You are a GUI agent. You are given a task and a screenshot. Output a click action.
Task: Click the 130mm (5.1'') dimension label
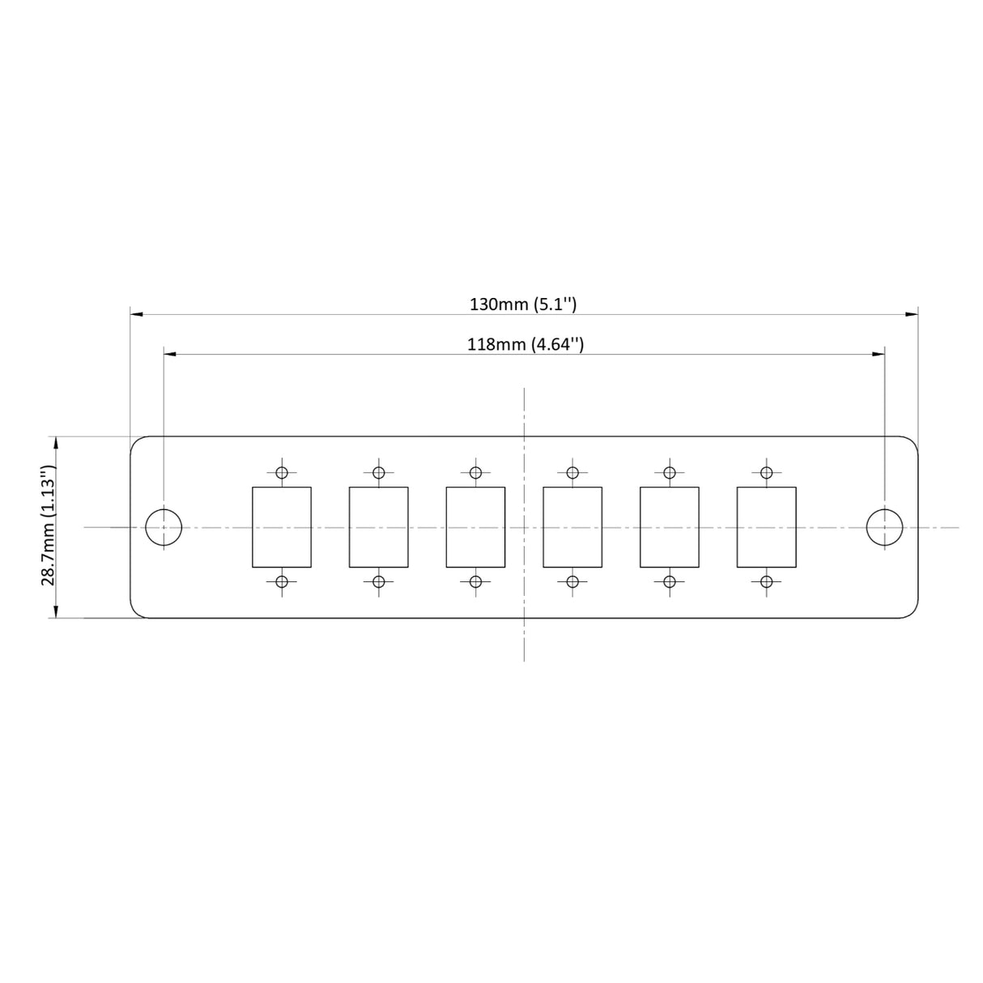(523, 304)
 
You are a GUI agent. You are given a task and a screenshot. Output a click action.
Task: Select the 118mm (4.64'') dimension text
(525, 344)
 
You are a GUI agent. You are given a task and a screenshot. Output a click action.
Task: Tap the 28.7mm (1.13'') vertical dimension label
(48, 526)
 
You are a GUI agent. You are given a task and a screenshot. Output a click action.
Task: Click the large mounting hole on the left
(164, 527)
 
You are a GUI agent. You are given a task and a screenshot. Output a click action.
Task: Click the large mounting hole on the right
(884, 527)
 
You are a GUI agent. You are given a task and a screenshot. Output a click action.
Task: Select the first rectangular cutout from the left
(282, 527)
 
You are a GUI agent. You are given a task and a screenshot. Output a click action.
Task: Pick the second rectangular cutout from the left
(378, 527)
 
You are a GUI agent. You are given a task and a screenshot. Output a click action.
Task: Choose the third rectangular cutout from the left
(475, 527)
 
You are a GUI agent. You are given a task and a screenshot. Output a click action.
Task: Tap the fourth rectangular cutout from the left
(572, 527)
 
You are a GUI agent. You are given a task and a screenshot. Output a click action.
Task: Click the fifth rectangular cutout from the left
(670, 527)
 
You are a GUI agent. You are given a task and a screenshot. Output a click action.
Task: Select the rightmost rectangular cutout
(766, 527)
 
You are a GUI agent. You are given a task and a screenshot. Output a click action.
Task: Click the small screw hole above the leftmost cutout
(282, 473)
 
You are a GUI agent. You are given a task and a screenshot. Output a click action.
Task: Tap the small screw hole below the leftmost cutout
(282, 581)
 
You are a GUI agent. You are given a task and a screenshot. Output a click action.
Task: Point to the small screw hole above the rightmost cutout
(766, 473)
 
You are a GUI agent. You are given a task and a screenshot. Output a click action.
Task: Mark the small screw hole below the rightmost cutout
(766, 581)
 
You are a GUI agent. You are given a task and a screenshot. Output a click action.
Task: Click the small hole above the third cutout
(475, 473)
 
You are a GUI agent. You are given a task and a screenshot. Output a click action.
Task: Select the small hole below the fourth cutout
(572, 581)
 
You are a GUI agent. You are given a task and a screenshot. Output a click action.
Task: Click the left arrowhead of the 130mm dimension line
(137, 314)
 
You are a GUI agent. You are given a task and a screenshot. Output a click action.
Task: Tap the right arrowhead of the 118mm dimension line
(879, 354)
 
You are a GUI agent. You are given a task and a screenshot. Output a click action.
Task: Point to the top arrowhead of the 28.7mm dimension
(55, 441)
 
